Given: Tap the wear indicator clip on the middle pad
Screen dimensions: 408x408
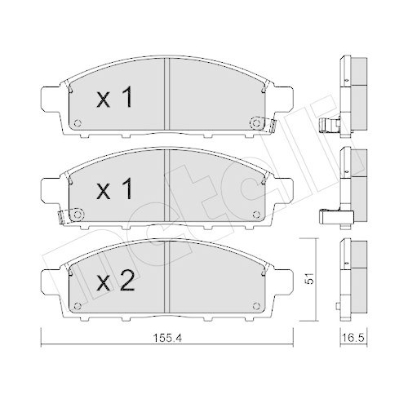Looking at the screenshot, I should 63,216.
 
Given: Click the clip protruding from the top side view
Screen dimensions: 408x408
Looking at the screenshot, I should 328,125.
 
